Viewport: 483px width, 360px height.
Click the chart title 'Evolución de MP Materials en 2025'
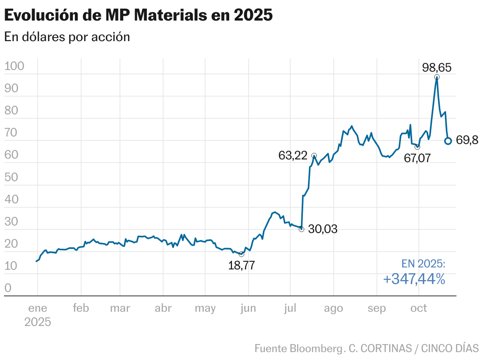click(138, 15)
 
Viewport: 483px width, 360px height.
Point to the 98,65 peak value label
click(437, 68)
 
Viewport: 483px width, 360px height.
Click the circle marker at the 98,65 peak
click(437, 77)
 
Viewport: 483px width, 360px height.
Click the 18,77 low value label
click(241, 265)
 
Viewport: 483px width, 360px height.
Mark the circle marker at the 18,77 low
click(241, 254)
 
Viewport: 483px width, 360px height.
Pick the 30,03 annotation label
click(323, 229)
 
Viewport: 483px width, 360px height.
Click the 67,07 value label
click(417, 158)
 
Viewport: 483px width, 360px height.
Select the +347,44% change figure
click(414, 279)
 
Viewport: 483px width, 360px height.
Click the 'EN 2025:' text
click(423, 264)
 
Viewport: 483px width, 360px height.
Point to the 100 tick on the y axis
click(14, 66)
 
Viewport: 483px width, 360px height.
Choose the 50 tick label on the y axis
click(11, 177)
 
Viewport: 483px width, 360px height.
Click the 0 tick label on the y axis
click(8, 288)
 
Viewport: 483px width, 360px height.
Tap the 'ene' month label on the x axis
click(38, 308)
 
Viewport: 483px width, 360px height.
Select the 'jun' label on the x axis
click(248, 308)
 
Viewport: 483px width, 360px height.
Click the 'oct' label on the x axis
click(418, 308)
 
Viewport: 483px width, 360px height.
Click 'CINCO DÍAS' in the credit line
click(450, 349)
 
